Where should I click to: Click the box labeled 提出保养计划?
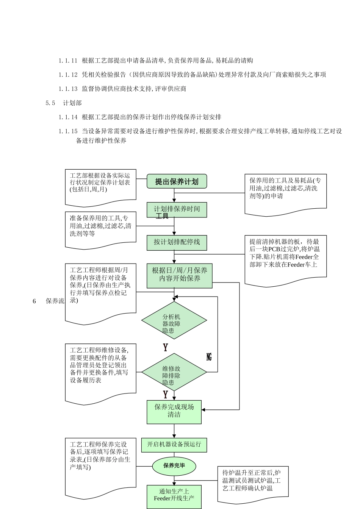pyautogui.click(x=177, y=181)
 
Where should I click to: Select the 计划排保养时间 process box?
pyautogui.click(x=177, y=209)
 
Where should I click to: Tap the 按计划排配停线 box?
pyautogui.click(x=177, y=242)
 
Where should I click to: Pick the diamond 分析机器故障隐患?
pyautogui.click(x=174, y=320)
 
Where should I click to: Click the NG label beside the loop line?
pyautogui.click(x=209, y=357)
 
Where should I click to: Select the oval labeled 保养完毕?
pyautogui.click(x=174, y=465)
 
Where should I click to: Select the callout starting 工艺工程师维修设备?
pyautogui.click(x=100, y=371)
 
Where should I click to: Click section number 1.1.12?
pyautogui.click(x=68, y=75)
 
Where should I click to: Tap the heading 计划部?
pyautogui.click(x=72, y=103)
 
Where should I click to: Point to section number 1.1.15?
pyautogui.click(x=68, y=131)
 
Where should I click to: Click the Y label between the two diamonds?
pyautogui.click(x=165, y=347)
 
